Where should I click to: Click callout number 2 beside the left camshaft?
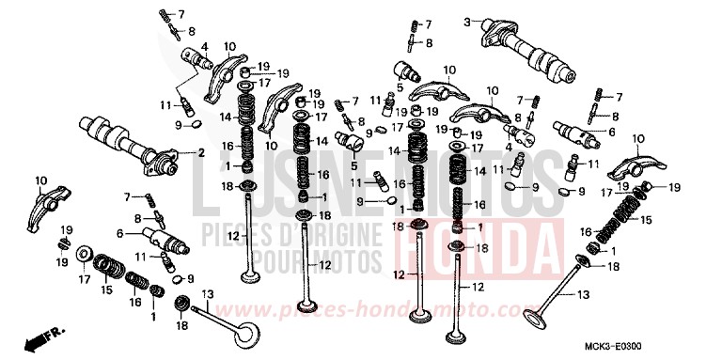pyautogui.click(x=200, y=152)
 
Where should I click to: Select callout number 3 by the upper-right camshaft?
pyautogui.click(x=466, y=22)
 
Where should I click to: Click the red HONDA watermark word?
pyautogui.click(x=480, y=242)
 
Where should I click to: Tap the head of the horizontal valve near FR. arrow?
pyautogui.click(x=249, y=335)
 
